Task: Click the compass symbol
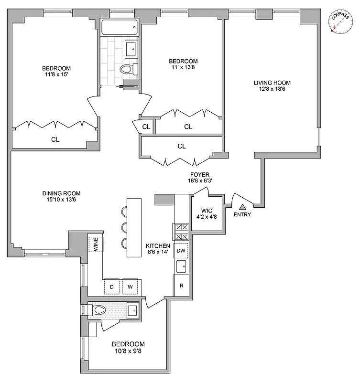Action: [x=339, y=22]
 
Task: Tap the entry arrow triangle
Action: [x=242, y=207]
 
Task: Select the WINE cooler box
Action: [x=96, y=245]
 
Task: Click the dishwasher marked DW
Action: [x=181, y=250]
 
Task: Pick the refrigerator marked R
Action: [x=181, y=286]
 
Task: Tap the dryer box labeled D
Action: [x=112, y=286]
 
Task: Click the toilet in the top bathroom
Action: [x=126, y=69]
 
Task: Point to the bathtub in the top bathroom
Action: [x=119, y=28]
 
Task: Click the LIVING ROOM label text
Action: [x=272, y=83]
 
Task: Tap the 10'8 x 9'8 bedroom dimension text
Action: [x=128, y=351]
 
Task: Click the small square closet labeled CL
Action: [x=146, y=127]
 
